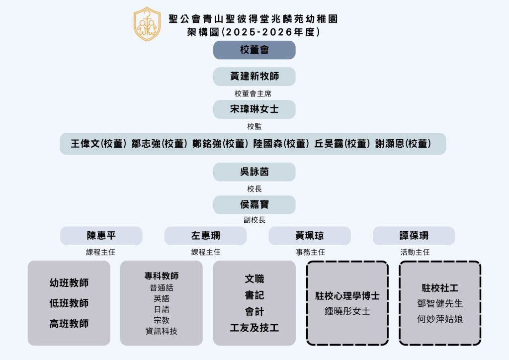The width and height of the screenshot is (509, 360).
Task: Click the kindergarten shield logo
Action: tap(147, 24)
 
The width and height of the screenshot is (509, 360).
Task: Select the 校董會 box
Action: tap(254, 50)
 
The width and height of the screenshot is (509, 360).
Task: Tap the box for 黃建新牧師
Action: tap(254, 77)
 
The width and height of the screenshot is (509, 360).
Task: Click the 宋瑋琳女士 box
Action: tap(254, 109)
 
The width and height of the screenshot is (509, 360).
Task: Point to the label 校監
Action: tap(254, 126)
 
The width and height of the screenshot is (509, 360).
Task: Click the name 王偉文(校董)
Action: tap(98, 144)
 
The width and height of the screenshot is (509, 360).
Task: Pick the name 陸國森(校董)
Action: tap(280, 144)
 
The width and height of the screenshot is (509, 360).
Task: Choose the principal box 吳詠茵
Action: tap(254, 172)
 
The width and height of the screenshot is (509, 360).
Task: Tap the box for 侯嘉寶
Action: tap(254, 205)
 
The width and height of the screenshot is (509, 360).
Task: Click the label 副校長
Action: tap(254, 219)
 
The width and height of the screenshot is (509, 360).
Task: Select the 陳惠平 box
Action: tap(101, 236)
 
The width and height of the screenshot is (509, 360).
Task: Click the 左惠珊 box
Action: tap(205, 236)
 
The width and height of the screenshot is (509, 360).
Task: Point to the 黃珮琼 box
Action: tap(309, 236)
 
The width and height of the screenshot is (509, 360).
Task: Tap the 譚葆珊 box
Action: tap(414, 236)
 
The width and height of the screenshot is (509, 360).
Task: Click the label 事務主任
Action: tap(310, 252)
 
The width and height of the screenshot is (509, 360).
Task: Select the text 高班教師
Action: tap(69, 324)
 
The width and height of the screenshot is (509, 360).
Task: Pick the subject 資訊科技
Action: tap(161, 331)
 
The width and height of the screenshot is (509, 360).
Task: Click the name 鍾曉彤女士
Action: tap(347, 311)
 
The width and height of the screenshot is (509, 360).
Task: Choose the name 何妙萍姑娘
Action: tap(440, 319)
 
